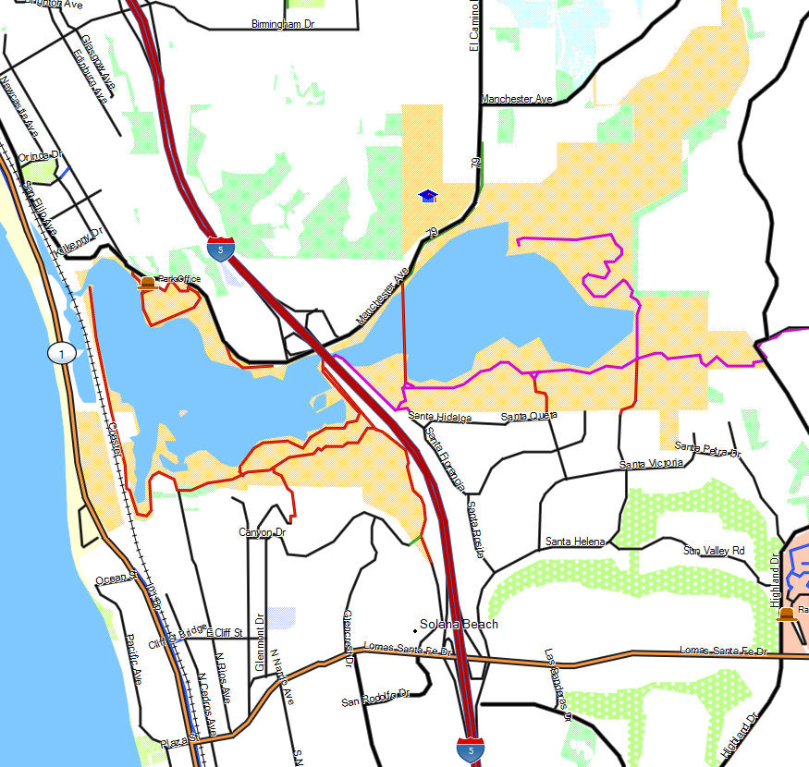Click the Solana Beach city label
459,624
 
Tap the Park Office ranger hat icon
146,282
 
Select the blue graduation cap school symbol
427,195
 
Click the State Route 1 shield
61,353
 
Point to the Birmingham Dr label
283,24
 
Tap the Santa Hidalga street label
440,418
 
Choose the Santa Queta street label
529,417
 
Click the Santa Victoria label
652,463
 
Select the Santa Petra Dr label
708,449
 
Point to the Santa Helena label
575,541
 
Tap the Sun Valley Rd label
714,551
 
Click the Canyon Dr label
263,532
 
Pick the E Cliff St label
225,633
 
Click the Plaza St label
179,740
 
